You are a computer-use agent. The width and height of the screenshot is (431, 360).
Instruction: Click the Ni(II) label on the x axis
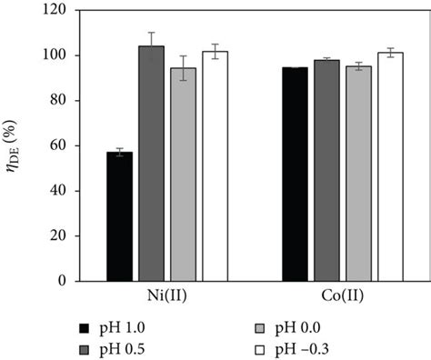click(167, 295)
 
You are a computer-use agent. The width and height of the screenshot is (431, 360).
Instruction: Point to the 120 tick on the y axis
click(59, 11)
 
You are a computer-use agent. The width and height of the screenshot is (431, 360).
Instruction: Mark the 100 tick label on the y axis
click(59, 55)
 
